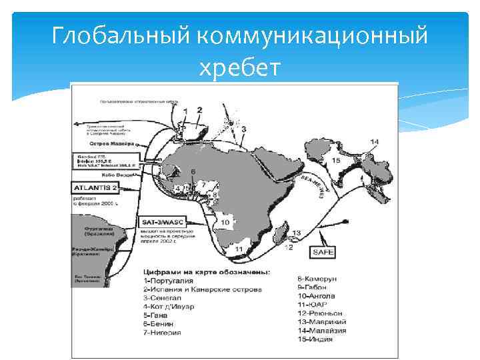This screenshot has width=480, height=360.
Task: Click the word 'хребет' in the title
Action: coord(239,67)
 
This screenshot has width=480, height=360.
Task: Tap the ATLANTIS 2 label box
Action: coord(96,188)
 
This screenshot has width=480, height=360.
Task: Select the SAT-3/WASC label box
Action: coord(164,221)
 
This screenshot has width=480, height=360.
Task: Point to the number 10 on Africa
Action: coord(226,222)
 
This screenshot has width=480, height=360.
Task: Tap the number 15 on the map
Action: coord(335,161)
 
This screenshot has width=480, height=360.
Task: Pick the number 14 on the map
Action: coord(374,141)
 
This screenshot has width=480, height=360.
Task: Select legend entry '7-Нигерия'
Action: coord(162,333)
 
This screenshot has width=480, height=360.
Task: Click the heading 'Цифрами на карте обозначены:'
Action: coord(206,272)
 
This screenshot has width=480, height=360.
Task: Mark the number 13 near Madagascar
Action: coord(296,233)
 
